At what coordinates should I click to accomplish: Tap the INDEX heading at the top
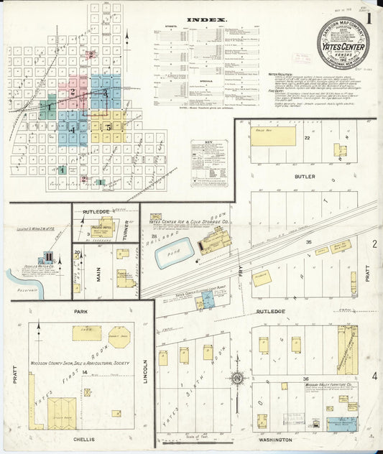207,20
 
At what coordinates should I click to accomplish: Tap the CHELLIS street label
80,438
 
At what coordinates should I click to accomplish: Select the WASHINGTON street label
277,439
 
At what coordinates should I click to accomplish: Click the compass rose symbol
237,379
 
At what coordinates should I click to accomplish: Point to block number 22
307,136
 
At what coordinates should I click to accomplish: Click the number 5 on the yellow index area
109,128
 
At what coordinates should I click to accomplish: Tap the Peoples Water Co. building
48,258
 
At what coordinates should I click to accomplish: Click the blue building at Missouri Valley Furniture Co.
341,424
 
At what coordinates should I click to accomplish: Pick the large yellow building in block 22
273,136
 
